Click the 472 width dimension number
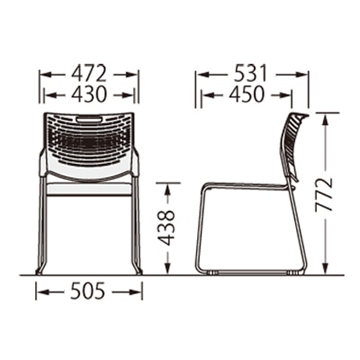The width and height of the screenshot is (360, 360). tap(88, 74)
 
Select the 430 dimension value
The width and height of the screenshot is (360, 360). tap(88, 94)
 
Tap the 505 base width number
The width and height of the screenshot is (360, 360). tap(88, 291)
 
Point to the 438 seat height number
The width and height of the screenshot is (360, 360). tap(166, 228)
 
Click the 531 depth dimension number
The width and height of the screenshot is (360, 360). tap(250, 74)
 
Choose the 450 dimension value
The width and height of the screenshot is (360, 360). tap(247, 94)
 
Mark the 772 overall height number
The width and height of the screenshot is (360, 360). tap(324, 194)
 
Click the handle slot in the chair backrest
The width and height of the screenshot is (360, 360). tap(89, 120)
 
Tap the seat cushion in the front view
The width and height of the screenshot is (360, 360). tap(89, 189)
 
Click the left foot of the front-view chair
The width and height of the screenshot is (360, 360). tap(40, 272)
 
